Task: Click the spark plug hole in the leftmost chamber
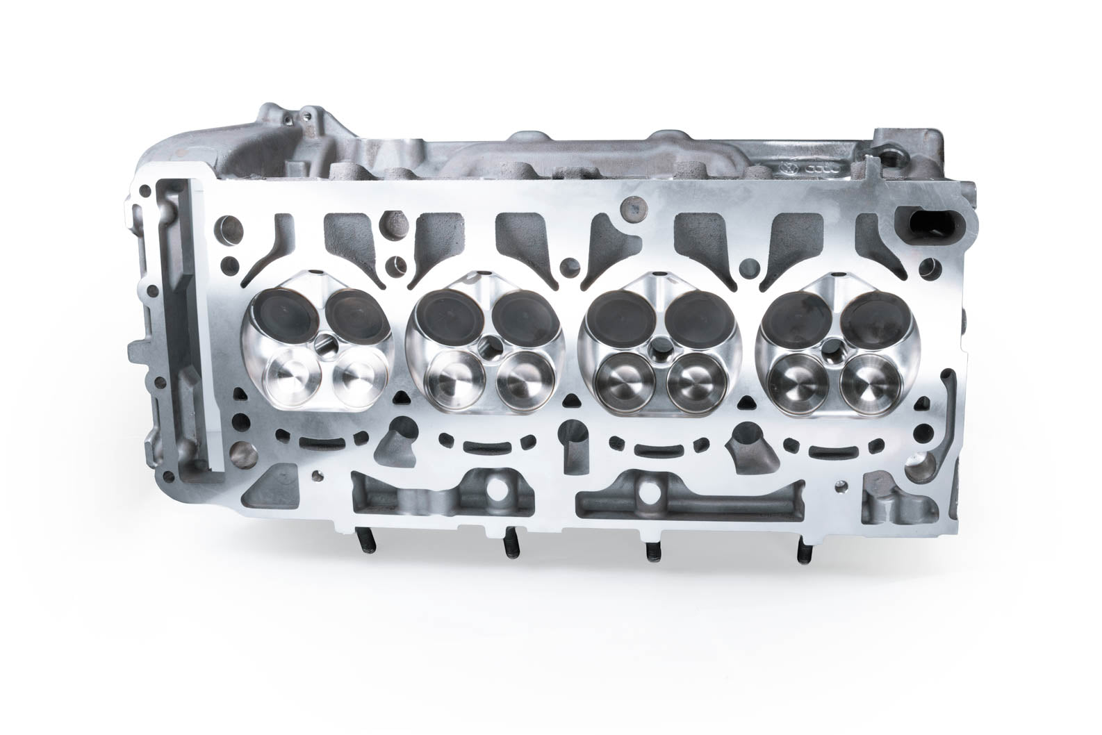click(325, 343)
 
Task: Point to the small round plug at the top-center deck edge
click(632, 206)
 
